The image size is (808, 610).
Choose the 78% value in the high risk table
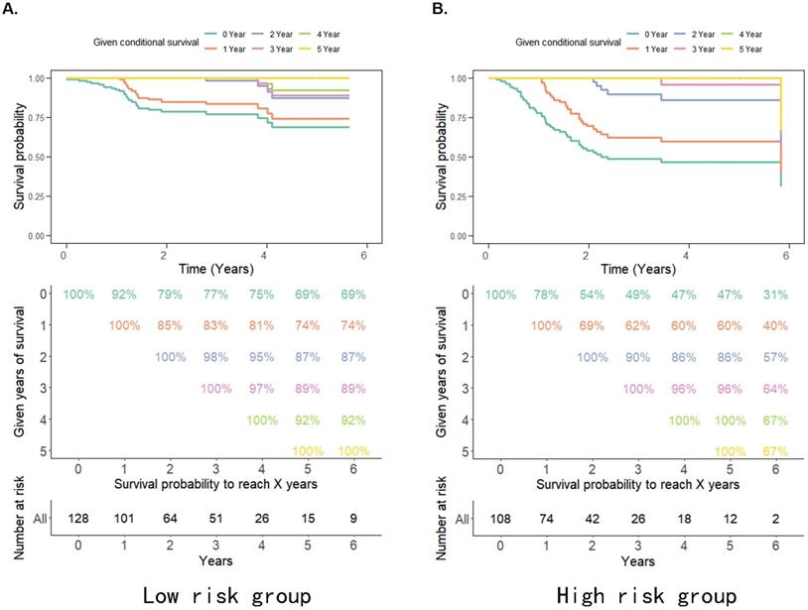(543, 294)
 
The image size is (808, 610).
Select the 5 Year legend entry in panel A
(330, 47)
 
